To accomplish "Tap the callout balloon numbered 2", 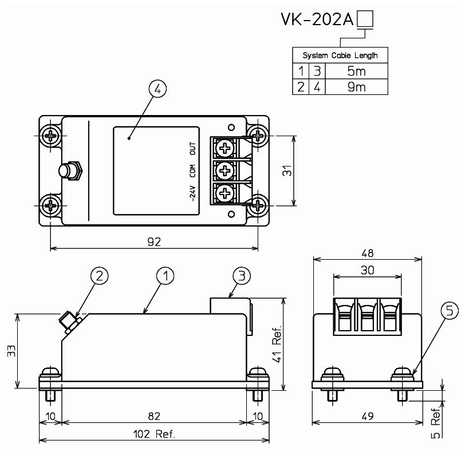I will [x=100, y=276].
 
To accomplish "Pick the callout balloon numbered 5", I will [x=450, y=311].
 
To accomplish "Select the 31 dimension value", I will [x=304, y=171].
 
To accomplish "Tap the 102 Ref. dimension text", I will [x=154, y=434].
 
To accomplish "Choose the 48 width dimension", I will [x=367, y=252].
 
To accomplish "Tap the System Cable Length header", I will [x=340, y=55].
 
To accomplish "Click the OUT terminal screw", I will [x=224, y=149].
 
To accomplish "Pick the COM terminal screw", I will [x=224, y=171].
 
